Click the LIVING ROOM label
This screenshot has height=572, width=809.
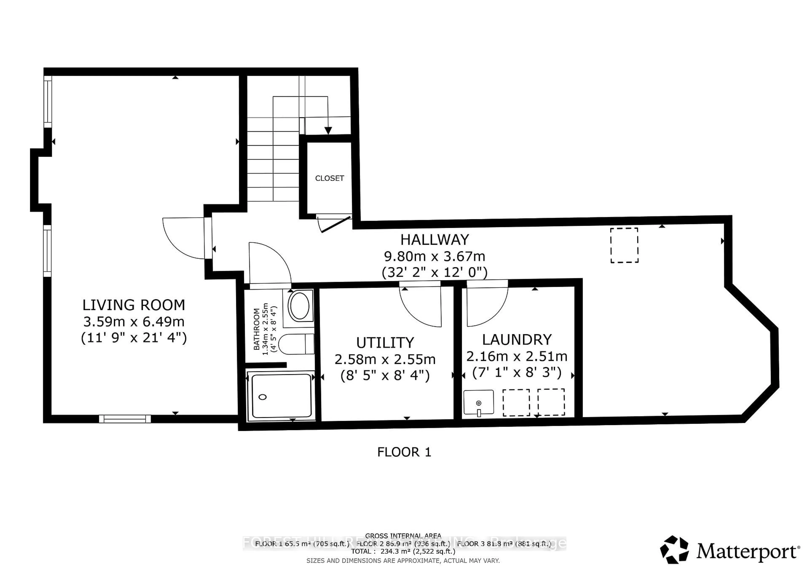(x=134, y=305)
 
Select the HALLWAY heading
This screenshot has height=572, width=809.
(x=434, y=240)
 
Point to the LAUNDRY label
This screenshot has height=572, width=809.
(x=517, y=339)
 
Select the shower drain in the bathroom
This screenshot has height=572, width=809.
(x=263, y=397)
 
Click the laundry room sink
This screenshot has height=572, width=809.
(x=478, y=402)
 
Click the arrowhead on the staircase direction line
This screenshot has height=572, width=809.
(x=328, y=131)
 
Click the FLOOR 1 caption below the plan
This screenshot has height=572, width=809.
(x=404, y=452)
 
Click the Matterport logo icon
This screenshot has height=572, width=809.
(x=674, y=550)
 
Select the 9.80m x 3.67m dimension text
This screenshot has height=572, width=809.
(x=434, y=257)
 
